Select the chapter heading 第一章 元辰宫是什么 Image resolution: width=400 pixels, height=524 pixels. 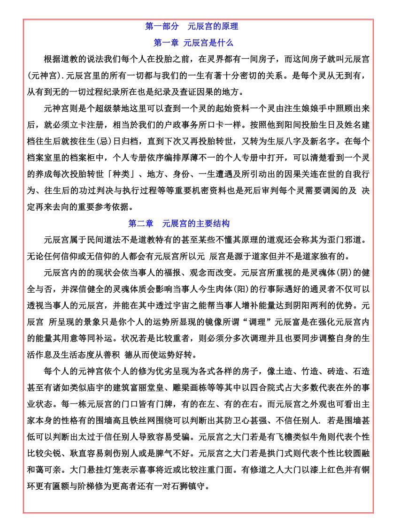click(x=193, y=43)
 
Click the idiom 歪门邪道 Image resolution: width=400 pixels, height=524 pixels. click(x=347, y=240)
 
